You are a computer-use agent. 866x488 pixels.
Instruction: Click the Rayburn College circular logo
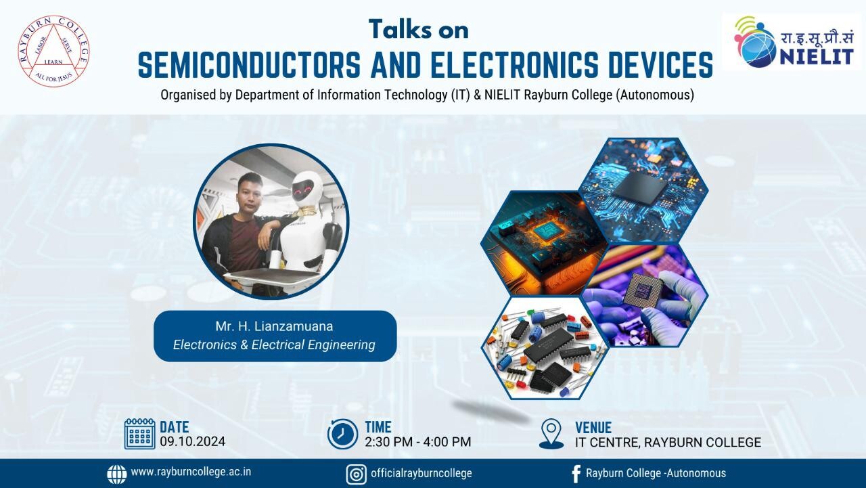point(53,51)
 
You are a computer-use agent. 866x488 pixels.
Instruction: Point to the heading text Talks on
point(419,29)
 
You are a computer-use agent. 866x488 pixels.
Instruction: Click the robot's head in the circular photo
point(307,187)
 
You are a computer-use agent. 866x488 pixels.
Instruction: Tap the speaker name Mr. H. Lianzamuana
point(274,326)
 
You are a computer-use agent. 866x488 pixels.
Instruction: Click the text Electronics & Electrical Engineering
point(274,345)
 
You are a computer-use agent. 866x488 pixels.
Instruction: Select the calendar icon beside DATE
point(139,434)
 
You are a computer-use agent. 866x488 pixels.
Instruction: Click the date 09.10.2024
point(193,441)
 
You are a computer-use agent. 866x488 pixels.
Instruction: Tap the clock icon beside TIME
point(342,434)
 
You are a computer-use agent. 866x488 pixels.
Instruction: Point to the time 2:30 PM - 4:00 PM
point(418,441)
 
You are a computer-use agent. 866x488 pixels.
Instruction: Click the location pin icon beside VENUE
point(551,434)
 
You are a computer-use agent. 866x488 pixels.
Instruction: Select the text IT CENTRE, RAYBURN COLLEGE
point(668,442)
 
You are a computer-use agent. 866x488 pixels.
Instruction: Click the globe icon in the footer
point(117,474)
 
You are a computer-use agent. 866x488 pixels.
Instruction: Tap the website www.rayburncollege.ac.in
point(191,472)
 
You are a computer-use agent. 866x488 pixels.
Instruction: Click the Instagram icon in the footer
point(356,474)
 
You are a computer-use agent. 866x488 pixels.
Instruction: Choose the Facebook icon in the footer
point(576,474)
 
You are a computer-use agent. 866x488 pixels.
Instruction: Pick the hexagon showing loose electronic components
point(545,348)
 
